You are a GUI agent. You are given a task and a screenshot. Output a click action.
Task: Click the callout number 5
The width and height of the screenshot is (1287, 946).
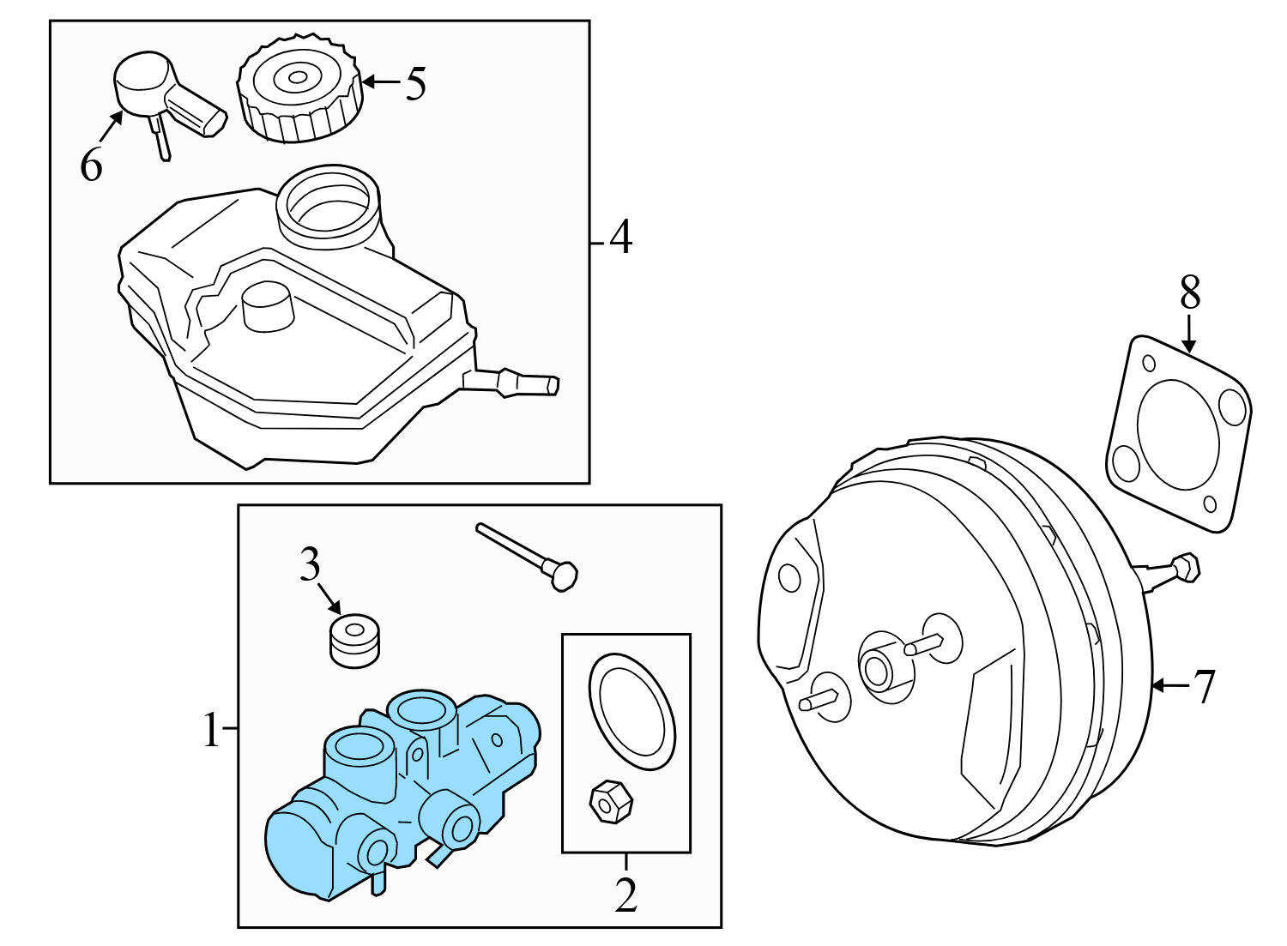click(415, 84)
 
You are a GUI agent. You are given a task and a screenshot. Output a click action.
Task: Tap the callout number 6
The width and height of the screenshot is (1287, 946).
click(91, 165)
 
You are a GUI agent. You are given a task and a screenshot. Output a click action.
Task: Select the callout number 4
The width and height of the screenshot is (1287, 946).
click(620, 238)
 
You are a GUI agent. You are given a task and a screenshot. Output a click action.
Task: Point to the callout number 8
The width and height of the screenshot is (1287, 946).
click(1189, 293)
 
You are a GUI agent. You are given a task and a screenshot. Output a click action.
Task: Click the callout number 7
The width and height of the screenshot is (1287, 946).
click(1205, 686)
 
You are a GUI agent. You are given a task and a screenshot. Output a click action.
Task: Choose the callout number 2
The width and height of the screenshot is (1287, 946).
click(626, 895)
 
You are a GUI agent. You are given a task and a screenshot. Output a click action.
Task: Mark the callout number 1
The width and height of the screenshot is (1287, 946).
click(211, 732)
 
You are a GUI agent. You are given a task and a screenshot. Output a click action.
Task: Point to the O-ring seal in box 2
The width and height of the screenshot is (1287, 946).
click(631, 710)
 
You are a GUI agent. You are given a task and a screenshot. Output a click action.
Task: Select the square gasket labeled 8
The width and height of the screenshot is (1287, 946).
click(1179, 434)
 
